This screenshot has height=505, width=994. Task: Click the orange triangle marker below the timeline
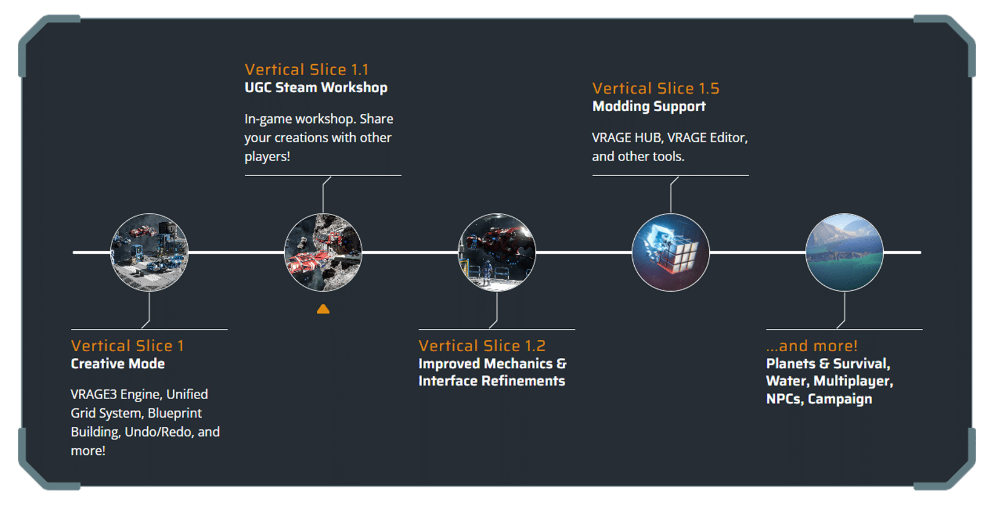tap(323, 309)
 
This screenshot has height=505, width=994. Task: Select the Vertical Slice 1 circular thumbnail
tap(149, 252)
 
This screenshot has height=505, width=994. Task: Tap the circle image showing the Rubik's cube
tap(671, 252)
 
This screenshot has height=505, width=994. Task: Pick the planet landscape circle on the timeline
tap(844, 252)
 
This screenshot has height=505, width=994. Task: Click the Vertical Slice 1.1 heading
tap(306, 69)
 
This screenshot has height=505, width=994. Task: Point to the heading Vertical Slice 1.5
tap(656, 88)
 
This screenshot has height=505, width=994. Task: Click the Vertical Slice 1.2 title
tap(482, 346)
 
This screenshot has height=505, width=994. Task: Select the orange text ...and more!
tap(812, 346)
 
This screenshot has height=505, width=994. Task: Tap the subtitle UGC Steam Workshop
tap(316, 87)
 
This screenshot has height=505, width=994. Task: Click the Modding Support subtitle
tap(649, 107)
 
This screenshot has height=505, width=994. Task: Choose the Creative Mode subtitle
tap(118, 364)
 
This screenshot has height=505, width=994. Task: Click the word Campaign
tap(840, 399)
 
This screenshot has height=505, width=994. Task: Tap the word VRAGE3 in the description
tap(93, 394)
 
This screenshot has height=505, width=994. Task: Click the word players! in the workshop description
tap(267, 157)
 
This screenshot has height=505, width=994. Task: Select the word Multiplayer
tap(853, 381)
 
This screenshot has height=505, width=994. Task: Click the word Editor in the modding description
tap(729, 138)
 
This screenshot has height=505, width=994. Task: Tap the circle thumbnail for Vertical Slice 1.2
tap(497, 252)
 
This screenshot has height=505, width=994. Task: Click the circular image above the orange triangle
tap(323, 252)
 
